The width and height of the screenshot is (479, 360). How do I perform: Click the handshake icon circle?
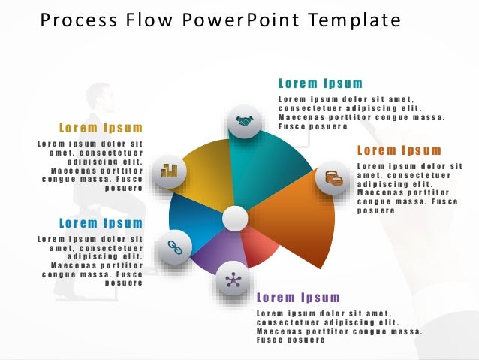(245, 120)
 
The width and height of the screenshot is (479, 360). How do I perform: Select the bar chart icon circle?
(169, 171)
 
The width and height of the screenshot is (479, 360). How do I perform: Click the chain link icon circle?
(174, 248)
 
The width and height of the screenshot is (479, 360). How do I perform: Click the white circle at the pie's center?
(235, 219)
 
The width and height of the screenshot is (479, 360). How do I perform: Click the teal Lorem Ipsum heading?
(321, 83)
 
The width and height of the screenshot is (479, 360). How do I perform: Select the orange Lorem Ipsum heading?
(399, 150)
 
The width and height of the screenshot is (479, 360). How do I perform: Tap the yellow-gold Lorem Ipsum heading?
(101, 127)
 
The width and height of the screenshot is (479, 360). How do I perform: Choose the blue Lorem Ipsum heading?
(101, 223)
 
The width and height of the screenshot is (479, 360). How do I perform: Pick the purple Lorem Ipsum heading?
(299, 298)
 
